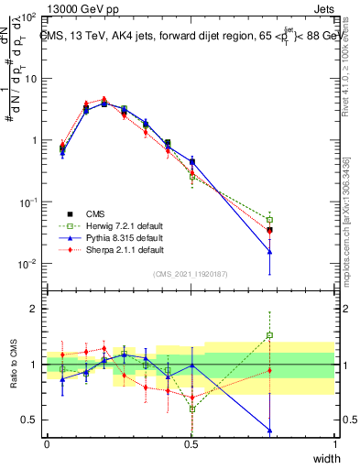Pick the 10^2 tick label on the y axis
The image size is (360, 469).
coord(27,18)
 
